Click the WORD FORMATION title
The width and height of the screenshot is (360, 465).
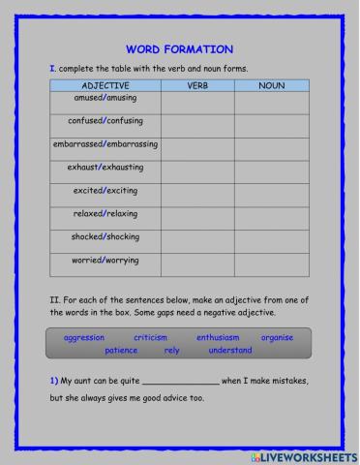point(179,49)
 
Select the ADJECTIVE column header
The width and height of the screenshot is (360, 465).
point(105,86)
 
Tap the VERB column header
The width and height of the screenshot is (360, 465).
point(197,86)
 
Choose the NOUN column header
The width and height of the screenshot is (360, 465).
point(271,86)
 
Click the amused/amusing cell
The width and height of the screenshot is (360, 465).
point(105,100)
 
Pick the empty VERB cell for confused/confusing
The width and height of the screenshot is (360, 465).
point(197,124)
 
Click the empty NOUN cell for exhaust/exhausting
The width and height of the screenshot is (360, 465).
point(271,169)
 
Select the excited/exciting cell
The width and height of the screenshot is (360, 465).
point(105,191)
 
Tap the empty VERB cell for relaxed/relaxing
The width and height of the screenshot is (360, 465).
point(197,214)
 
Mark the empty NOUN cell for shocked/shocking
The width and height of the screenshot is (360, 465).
point(271,237)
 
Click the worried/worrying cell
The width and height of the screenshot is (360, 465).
point(105,261)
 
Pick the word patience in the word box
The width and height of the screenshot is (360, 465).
point(121,350)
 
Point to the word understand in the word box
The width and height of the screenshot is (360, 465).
point(230,350)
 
